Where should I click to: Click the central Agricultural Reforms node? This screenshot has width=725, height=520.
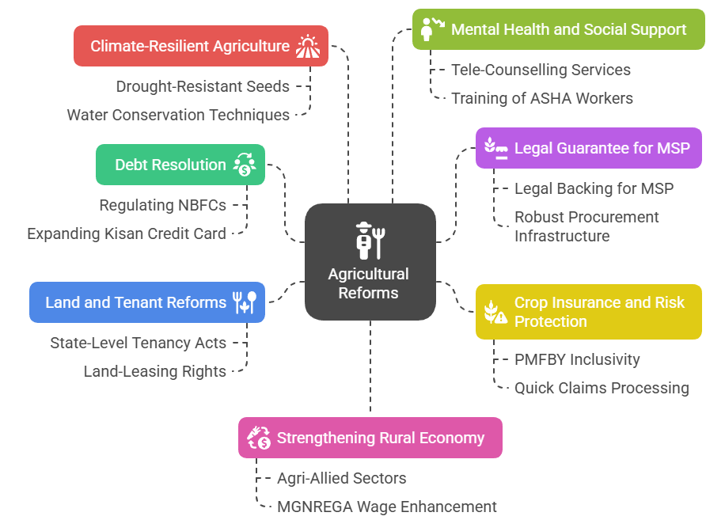(370, 262)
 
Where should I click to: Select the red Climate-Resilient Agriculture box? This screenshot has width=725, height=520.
(200, 46)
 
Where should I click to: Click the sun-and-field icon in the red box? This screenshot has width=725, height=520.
(308, 46)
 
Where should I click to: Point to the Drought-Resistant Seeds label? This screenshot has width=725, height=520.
(203, 86)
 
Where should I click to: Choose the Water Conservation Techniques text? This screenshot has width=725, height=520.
(178, 115)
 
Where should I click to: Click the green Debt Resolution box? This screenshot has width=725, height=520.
(180, 165)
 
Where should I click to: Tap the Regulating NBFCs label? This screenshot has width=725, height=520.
(162, 205)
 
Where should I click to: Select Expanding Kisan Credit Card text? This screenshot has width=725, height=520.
(127, 233)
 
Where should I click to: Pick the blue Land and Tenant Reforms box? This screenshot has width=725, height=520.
(146, 302)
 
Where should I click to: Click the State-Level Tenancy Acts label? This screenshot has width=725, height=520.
(138, 343)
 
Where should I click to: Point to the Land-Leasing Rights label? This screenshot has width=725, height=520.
(155, 371)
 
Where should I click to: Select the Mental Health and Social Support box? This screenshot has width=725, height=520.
(558, 30)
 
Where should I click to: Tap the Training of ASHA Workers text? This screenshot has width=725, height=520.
(541, 98)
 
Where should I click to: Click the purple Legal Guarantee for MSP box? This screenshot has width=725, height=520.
(588, 148)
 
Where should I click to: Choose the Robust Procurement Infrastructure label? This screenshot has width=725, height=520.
(586, 226)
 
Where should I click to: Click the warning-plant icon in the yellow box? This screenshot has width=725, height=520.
(495, 312)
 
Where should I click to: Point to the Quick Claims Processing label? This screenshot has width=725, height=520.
(602, 388)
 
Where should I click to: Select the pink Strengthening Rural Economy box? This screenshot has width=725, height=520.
(370, 438)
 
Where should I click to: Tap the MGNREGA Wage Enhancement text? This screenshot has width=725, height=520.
(386, 507)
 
